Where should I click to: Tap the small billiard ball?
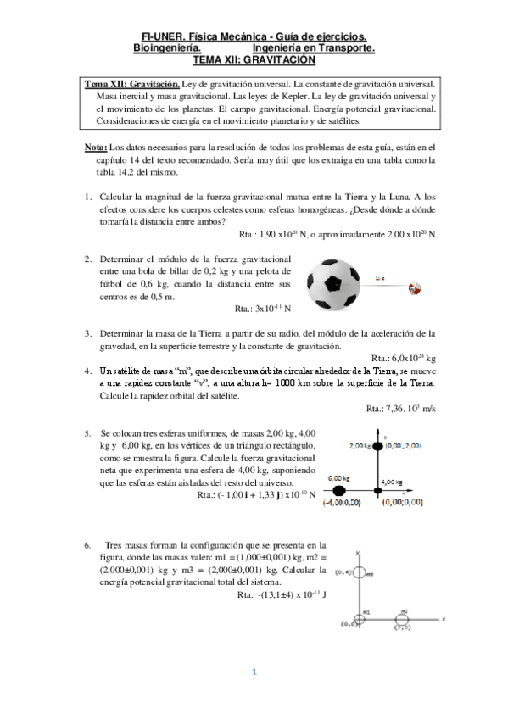click(x=416, y=288)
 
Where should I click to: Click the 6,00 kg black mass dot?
click(x=339, y=490)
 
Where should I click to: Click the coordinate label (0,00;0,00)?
click(x=402, y=504)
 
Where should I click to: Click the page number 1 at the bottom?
click(x=254, y=672)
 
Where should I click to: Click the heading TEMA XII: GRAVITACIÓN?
click(x=254, y=60)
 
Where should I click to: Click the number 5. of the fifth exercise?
click(x=88, y=432)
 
